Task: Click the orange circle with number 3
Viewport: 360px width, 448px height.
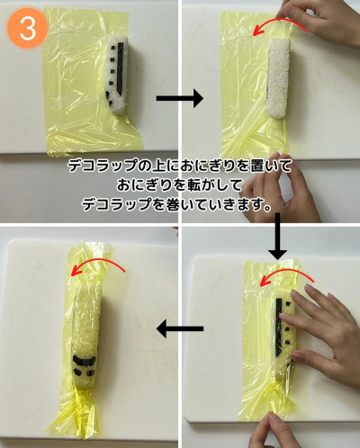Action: pos(27,28)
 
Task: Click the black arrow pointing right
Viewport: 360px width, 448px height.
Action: pos(180,98)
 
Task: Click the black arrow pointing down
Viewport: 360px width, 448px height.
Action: pos(277,236)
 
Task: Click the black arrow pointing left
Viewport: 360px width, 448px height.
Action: pos(180,328)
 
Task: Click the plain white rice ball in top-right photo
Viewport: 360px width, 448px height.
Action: pos(278,78)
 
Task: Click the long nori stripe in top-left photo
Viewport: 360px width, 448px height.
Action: pos(121,68)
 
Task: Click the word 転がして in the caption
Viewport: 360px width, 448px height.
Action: pos(202,185)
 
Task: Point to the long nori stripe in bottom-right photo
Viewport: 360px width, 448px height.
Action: pos(279,328)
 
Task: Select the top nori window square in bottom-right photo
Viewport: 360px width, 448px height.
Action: pos(288,305)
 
